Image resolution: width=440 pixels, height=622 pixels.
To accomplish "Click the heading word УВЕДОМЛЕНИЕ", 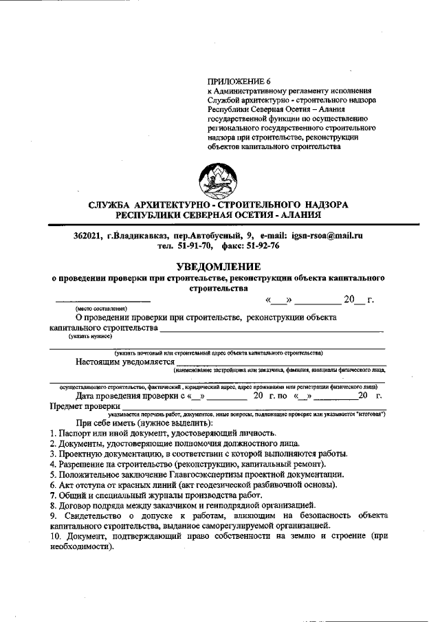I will tap(219, 267).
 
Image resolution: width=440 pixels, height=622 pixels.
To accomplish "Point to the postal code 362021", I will tap(88, 236).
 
